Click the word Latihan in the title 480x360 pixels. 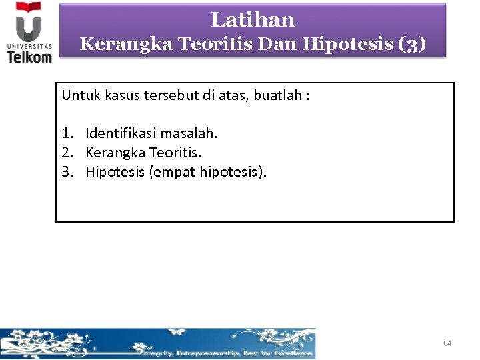pos(253,20)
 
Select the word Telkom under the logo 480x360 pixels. pos(29,57)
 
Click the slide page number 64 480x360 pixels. pos(447,343)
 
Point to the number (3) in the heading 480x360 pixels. pos(412,44)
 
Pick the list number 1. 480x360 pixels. pos(67,133)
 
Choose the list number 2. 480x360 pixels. pos(67,153)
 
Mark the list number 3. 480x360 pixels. pos(67,172)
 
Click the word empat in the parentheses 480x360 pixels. pos(175,173)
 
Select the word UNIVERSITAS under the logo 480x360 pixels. pos(29,46)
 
